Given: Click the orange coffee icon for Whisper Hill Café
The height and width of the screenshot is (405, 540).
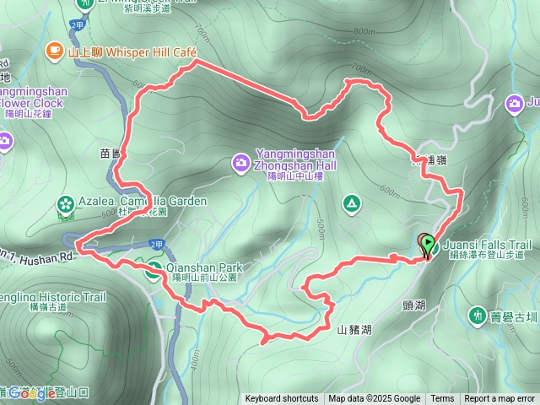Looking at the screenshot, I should (x=55, y=52).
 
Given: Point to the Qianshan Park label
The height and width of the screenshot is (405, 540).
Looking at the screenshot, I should (x=206, y=267).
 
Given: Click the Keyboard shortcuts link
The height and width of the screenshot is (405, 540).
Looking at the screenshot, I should (x=282, y=399).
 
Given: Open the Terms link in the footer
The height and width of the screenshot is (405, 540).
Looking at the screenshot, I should (x=442, y=399).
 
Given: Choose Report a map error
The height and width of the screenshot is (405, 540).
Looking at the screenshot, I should (x=499, y=399).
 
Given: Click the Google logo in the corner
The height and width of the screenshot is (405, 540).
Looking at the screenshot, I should (x=34, y=393).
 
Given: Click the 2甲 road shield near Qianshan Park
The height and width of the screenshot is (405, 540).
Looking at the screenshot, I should (x=157, y=244).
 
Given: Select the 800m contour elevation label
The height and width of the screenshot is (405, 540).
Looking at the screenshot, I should (x=364, y=32).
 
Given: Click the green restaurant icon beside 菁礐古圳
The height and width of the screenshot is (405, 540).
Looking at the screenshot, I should (x=478, y=315).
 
